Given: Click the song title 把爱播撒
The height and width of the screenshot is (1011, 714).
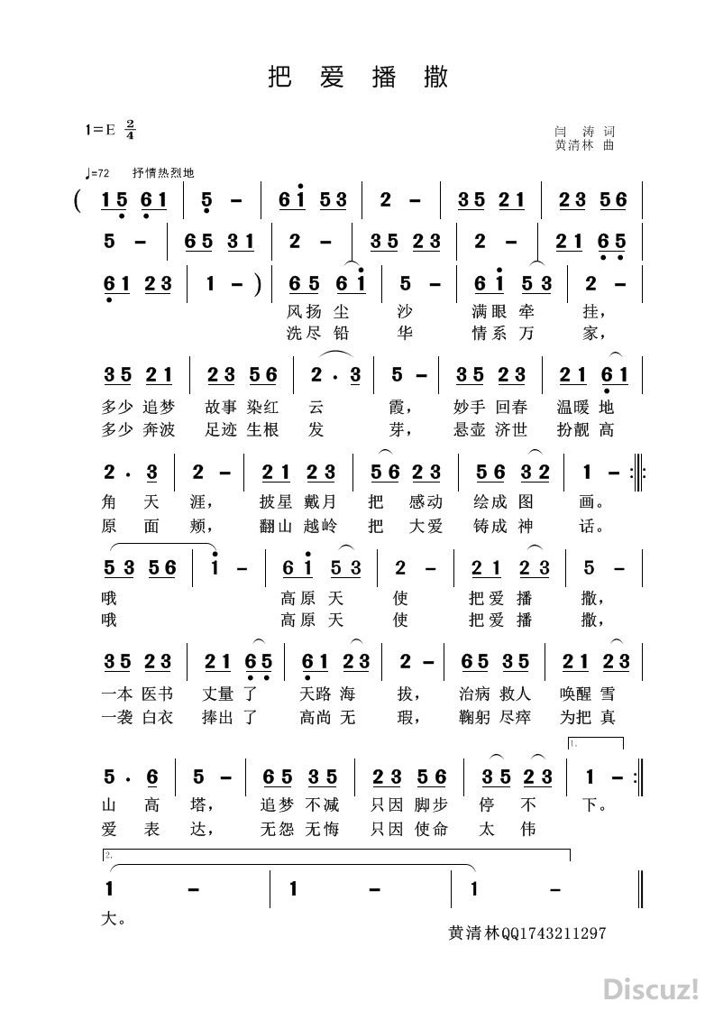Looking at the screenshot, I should tap(358, 78).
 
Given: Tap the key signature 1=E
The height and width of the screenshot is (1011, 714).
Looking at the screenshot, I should tap(101, 129).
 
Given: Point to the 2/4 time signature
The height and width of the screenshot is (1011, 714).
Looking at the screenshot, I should tap(130, 129).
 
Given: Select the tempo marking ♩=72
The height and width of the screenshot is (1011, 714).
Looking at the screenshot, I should tap(96, 173).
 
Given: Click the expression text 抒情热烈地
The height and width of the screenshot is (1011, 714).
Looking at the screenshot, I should tap(163, 173).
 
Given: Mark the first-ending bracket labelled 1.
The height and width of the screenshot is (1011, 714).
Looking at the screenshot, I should tap(595, 742).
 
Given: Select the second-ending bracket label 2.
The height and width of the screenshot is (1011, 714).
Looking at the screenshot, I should tap(108, 854).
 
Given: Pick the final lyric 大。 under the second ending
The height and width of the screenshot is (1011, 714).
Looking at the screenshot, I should tap(113, 921).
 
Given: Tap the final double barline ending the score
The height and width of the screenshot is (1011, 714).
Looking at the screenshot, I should tap(639, 889).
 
